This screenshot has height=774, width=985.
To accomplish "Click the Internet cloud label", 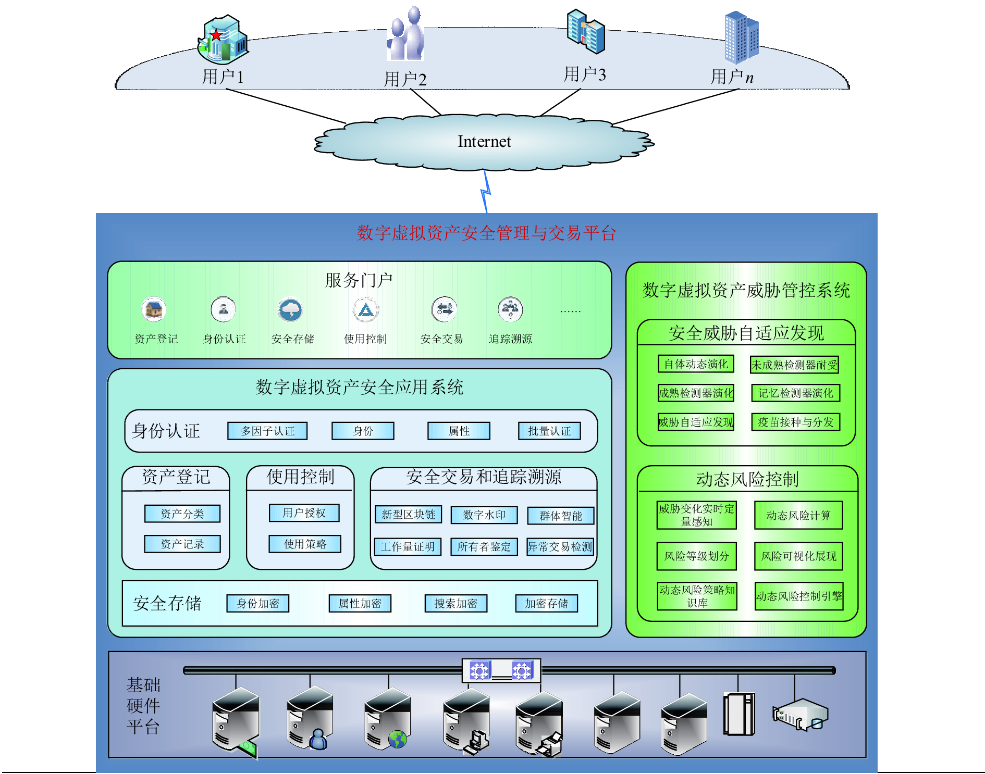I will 484,142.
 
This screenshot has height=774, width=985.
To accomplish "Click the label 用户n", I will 732,77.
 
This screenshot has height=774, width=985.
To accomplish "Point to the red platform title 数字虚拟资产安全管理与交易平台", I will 486,233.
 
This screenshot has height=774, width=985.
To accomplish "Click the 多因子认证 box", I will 267,431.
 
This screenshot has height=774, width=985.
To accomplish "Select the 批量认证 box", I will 549,431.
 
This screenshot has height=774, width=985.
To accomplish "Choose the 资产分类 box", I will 182,514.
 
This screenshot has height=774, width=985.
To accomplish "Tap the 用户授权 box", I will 304,513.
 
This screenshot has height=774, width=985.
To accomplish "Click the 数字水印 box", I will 484,515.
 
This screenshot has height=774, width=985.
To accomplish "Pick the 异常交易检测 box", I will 560,547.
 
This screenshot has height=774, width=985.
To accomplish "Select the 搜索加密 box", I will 456,604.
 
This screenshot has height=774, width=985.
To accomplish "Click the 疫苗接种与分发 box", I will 796,422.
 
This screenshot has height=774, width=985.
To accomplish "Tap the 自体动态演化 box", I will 696,364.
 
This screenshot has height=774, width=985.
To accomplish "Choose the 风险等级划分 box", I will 696,556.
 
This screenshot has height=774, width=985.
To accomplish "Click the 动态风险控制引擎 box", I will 798,596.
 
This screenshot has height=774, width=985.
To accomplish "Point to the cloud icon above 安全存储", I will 291,310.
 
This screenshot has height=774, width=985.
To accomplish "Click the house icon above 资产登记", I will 154,310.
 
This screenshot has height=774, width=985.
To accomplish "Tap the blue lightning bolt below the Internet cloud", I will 486,192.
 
